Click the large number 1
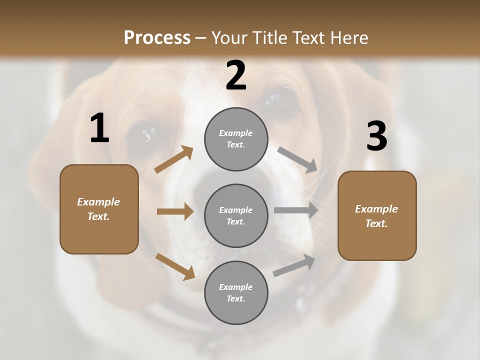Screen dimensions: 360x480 [x=99, y=128]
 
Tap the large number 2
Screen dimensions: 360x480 [x=236, y=75]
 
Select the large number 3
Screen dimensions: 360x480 [x=376, y=136]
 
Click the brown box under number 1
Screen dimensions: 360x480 [x=99, y=209]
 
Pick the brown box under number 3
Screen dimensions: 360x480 [x=377, y=215]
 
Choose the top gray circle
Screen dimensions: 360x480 [x=236, y=139]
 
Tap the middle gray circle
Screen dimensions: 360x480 [x=236, y=215]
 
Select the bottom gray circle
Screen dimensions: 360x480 [x=236, y=292]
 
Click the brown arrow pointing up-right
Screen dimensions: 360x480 [x=174, y=159]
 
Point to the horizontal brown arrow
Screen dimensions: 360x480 [x=175, y=211]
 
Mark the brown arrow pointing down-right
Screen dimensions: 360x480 [x=175, y=266]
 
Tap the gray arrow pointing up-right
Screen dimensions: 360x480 [x=294, y=265]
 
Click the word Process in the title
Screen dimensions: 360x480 [x=157, y=37]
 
